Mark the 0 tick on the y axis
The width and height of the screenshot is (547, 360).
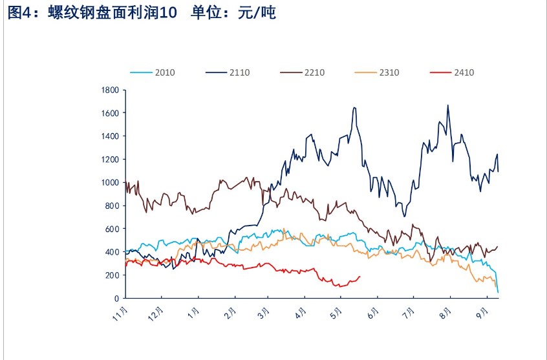coord(116,299)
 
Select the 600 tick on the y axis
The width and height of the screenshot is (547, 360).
coord(113,229)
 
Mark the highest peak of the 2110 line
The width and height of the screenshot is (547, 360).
coord(448,105)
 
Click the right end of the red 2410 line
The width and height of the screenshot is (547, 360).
coord(360,277)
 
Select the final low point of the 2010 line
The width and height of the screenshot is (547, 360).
coord(498,292)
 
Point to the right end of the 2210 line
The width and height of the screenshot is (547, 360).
coord(497,246)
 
